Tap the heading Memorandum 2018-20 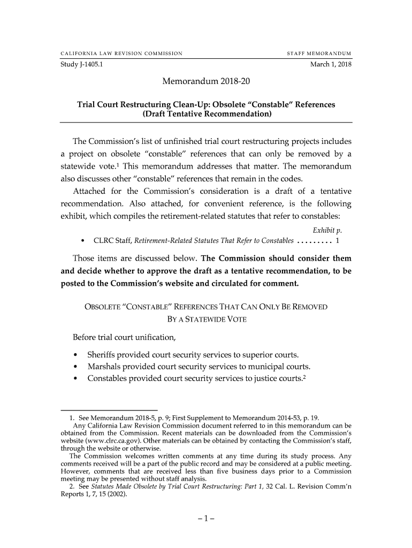pyautogui.click(x=206, y=82)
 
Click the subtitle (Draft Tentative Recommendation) pyautogui.click(x=206, y=115)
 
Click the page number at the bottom pyautogui.click(x=206, y=519)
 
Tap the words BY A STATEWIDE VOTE pyautogui.click(x=207, y=320)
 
